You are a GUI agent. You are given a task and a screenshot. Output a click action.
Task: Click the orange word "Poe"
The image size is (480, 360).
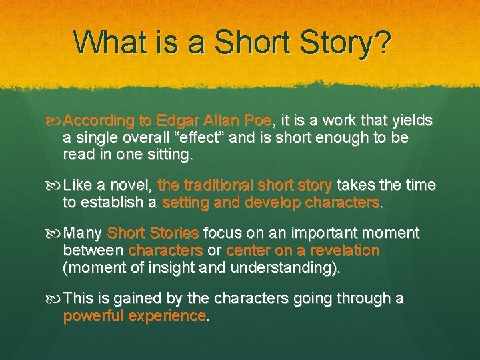point(257,121)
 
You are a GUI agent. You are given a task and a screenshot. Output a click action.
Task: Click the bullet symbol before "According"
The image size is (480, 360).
point(55,122)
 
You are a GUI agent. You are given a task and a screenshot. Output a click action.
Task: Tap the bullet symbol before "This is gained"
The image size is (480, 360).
point(55,299)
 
